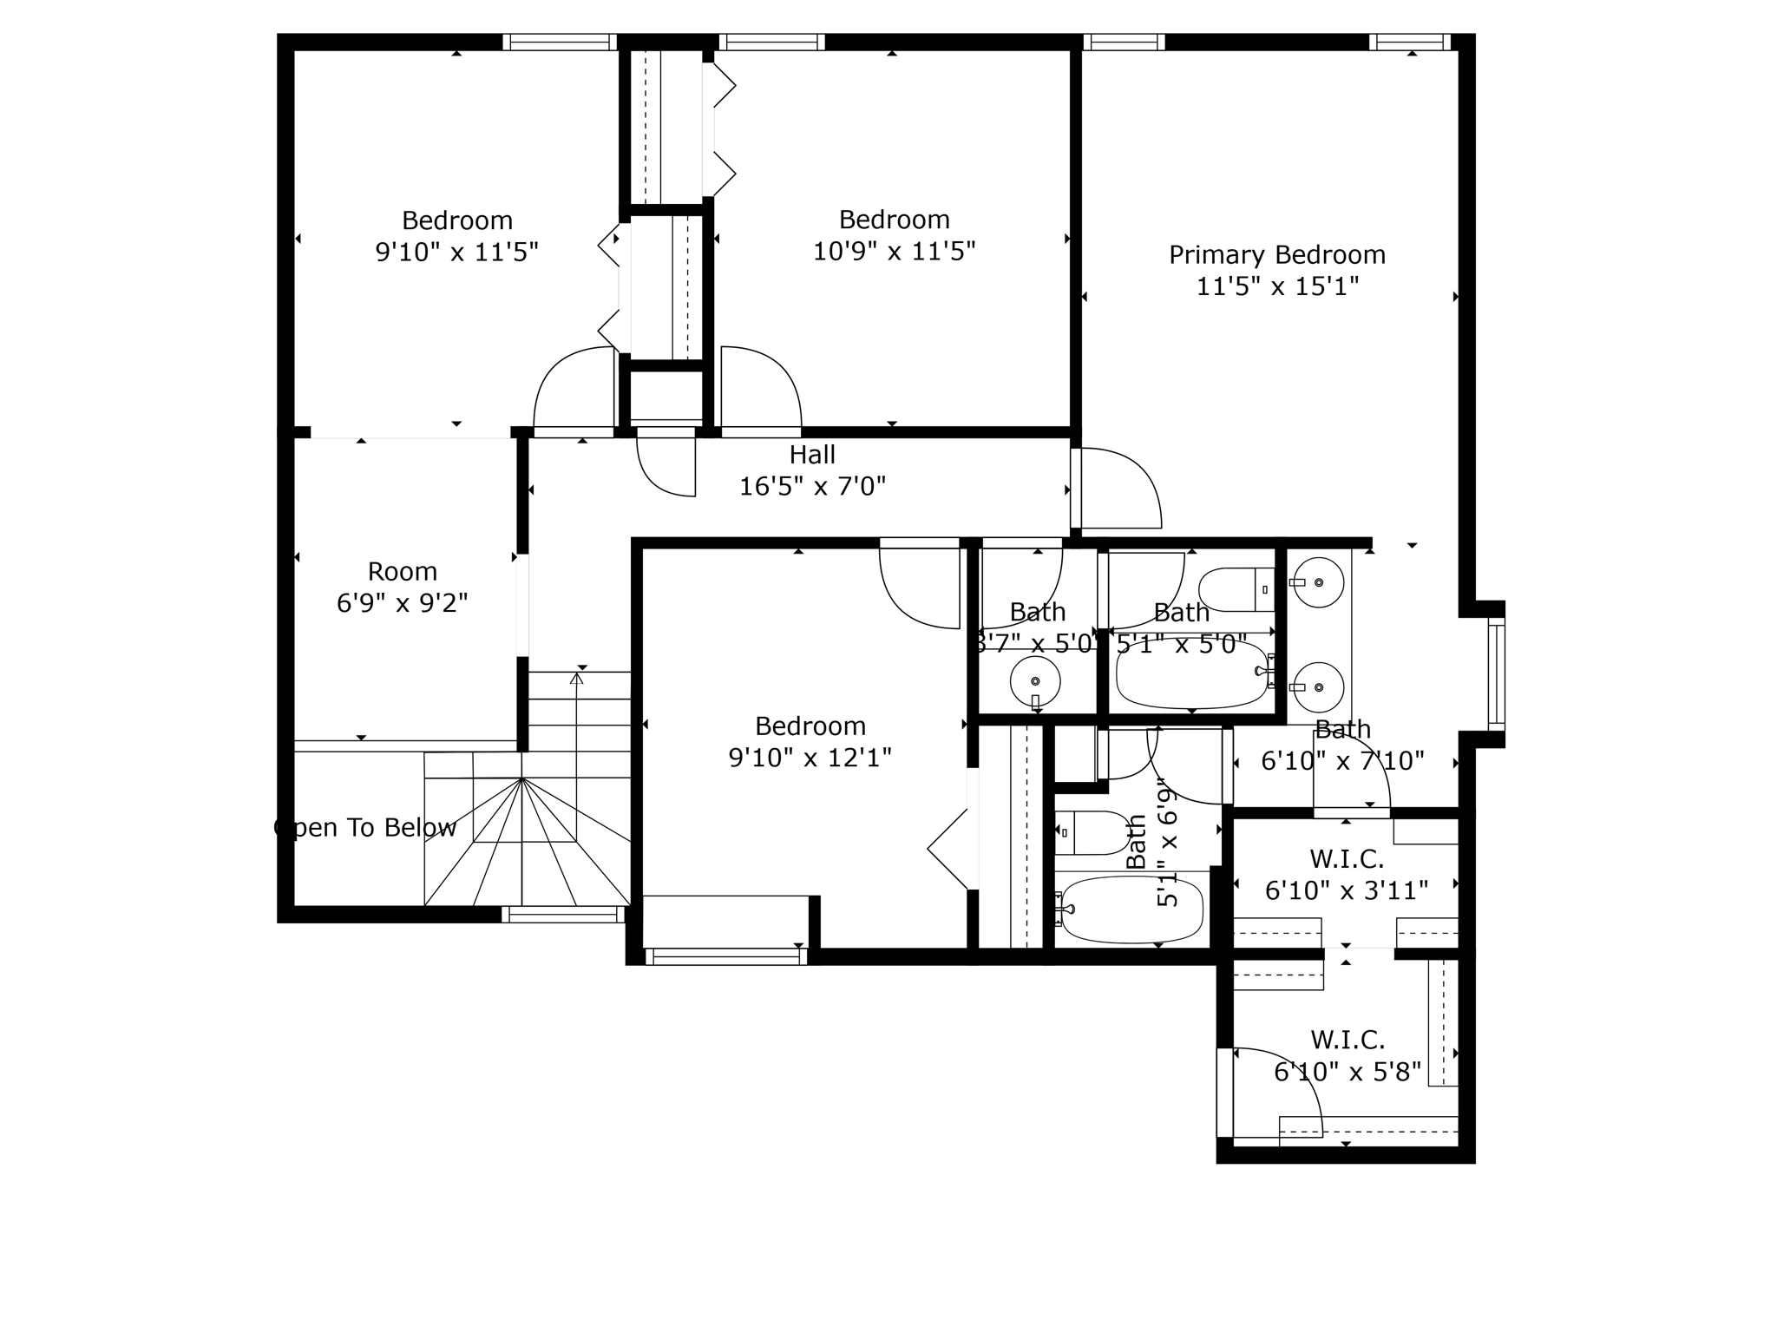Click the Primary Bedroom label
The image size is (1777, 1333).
pos(1276,255)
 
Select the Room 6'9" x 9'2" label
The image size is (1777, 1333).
pos(402,587)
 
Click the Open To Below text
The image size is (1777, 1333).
pos(365,828)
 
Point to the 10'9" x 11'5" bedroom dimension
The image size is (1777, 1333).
pos(894,252)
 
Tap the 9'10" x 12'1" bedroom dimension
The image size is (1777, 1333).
pos(810,758)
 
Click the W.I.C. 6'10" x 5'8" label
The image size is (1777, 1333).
pos(1348,1056)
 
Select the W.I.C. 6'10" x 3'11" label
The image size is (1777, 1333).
pos(1347,875)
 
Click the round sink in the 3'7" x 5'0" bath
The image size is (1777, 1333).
pos(1035,682)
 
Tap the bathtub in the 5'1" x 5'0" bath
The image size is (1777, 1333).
pos(1192,673)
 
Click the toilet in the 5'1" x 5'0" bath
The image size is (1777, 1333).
pos(1236,589)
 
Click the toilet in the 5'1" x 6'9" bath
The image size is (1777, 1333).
pos(1092,833)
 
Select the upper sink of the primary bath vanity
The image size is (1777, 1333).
pos(1318,582)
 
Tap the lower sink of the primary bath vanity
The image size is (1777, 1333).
pos(1318,687)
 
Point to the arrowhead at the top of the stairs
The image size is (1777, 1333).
pos(577,678)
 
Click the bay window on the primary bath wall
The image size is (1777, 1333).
pos(1496,674)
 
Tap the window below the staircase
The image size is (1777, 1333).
pos(562,914)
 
